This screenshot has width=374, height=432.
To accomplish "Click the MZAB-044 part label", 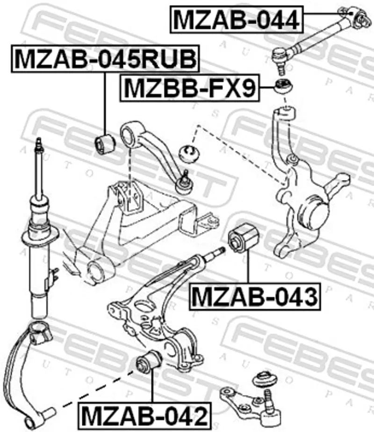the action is tap(237, 19).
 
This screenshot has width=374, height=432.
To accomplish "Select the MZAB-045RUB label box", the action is tap(105, 59).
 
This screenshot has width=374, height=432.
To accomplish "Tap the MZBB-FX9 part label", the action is tap(190, 88).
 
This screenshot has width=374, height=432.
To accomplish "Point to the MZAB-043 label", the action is tap(255, 297).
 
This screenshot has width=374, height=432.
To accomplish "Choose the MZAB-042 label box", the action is tap(144, 416).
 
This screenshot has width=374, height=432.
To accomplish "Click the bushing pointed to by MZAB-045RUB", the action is tap(105, 144).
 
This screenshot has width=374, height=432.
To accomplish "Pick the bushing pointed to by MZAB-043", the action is tap(244, 238).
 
